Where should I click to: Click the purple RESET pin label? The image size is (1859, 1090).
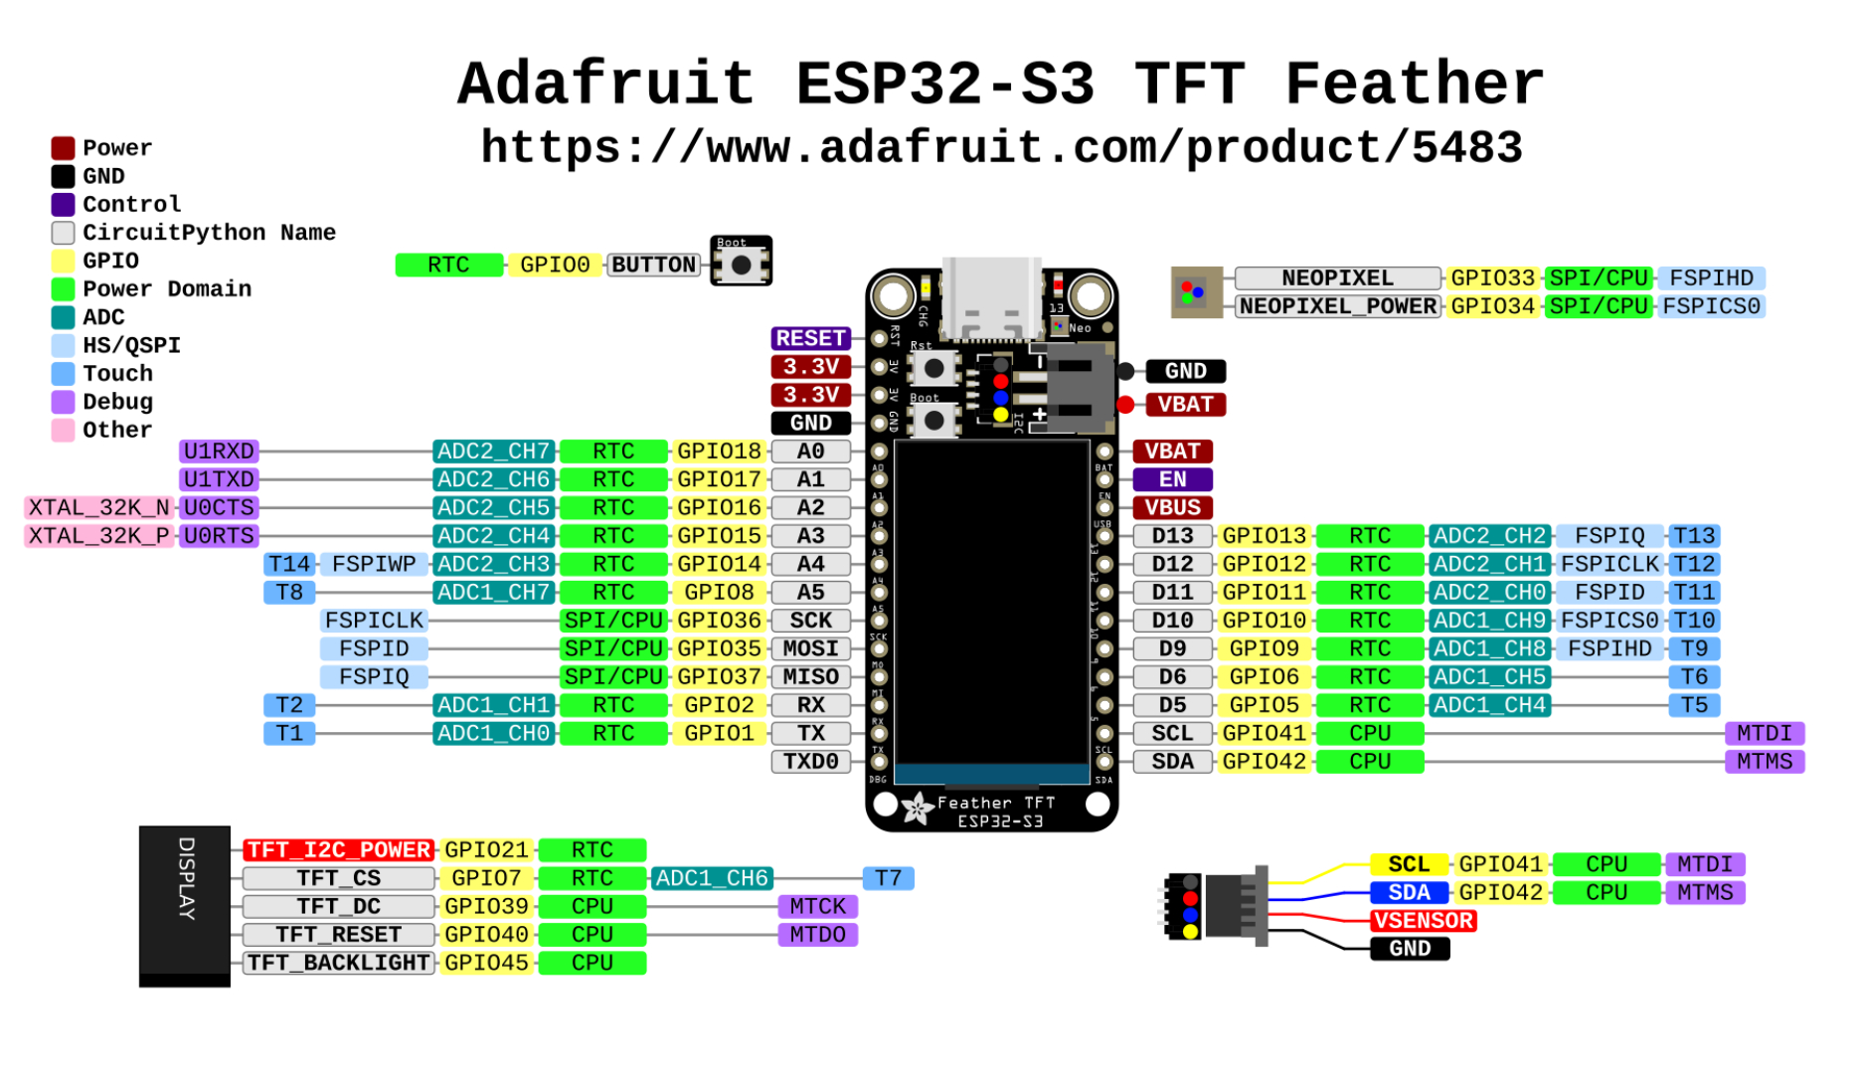click(x=810, y=338)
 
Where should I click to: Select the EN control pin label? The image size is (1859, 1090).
click(x=1172, y=479)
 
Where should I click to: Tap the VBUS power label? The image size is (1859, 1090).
click(x=1172, y=507)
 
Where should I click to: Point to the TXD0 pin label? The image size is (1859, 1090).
click(x=810, y=762)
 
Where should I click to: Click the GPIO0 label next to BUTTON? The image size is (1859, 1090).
click(x=555, y=266)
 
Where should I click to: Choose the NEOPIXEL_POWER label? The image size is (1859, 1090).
click(x=1338, y=306)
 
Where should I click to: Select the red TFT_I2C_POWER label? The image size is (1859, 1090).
click(x=339, y=850)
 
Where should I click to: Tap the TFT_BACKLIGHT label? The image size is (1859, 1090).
click(x=339, y=963)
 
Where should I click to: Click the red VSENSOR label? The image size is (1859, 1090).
click(x=1423, y=921)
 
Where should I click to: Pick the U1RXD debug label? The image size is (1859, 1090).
click(x=219, y=452)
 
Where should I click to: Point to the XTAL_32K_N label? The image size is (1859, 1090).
click(x=99, y=508)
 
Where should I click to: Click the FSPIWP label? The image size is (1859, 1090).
click(x=374, y=564)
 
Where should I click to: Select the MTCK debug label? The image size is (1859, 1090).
click(x=817, y=907)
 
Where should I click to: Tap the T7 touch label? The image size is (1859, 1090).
click(x=888, y=878)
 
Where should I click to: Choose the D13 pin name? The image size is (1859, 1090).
click(x=1172, y=536)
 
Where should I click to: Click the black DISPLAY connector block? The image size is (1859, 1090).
click(x=185, y=905)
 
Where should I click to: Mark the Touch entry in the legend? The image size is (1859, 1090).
click(x=117, y=374)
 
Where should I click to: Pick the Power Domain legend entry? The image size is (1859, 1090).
click(x=166, y=289)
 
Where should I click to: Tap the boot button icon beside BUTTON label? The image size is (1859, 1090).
click(x=741, y=264)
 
